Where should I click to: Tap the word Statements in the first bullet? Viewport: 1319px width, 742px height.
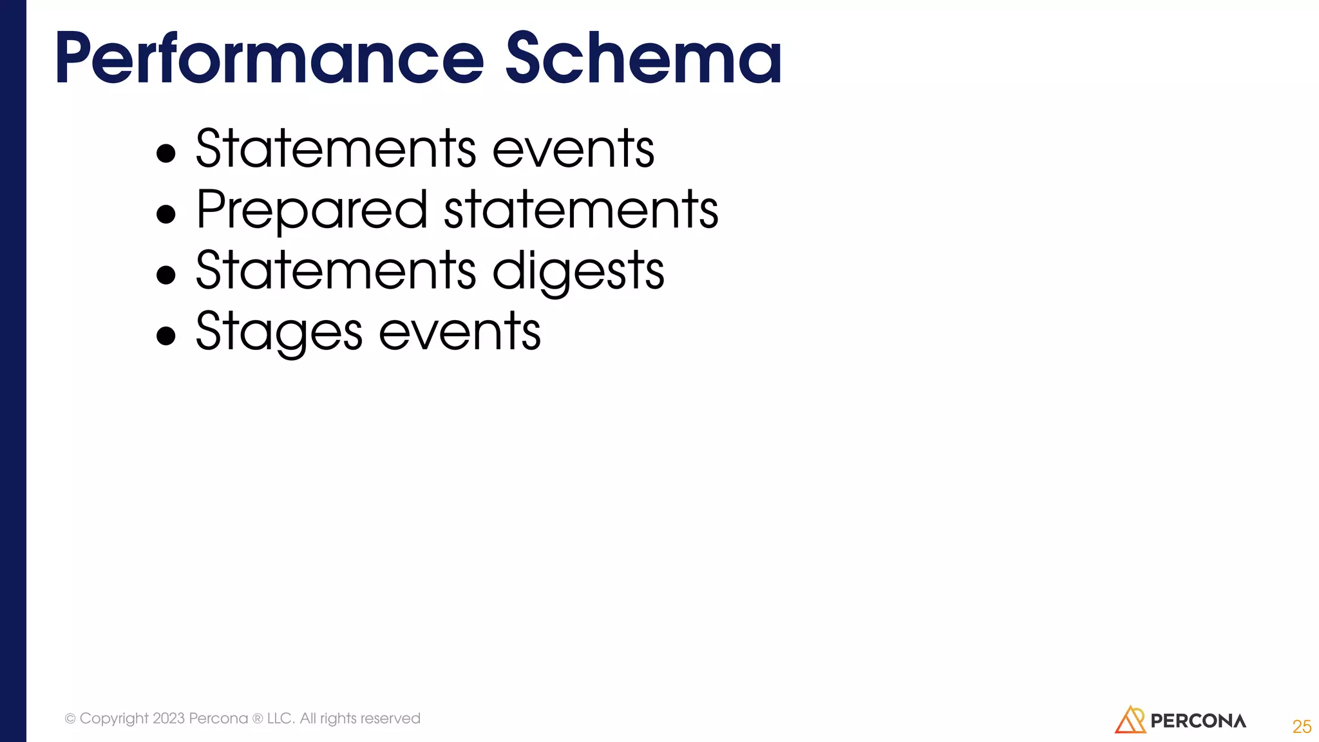(336, 149)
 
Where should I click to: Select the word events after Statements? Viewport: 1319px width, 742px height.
(573, 149)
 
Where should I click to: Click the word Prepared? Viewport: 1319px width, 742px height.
(312, 210)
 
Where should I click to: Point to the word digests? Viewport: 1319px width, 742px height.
(578, 271)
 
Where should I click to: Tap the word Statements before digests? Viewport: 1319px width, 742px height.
(336, 271)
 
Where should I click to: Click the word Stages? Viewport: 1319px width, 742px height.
(279, 332)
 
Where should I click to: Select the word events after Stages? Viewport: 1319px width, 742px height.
(460, 332)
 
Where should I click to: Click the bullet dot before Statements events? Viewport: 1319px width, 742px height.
(166, 153)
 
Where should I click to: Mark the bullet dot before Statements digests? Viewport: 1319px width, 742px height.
(166, 275)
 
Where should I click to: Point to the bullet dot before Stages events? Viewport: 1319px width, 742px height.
(166, 336)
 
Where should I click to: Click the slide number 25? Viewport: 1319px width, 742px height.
(1302, 727)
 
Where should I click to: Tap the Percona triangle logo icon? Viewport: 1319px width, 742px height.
(1130, 720)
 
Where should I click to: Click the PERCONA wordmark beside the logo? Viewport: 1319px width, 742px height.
(1198, 721)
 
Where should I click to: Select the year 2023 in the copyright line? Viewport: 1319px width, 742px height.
(169, 718)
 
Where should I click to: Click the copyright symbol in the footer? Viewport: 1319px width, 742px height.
(70, 719)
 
